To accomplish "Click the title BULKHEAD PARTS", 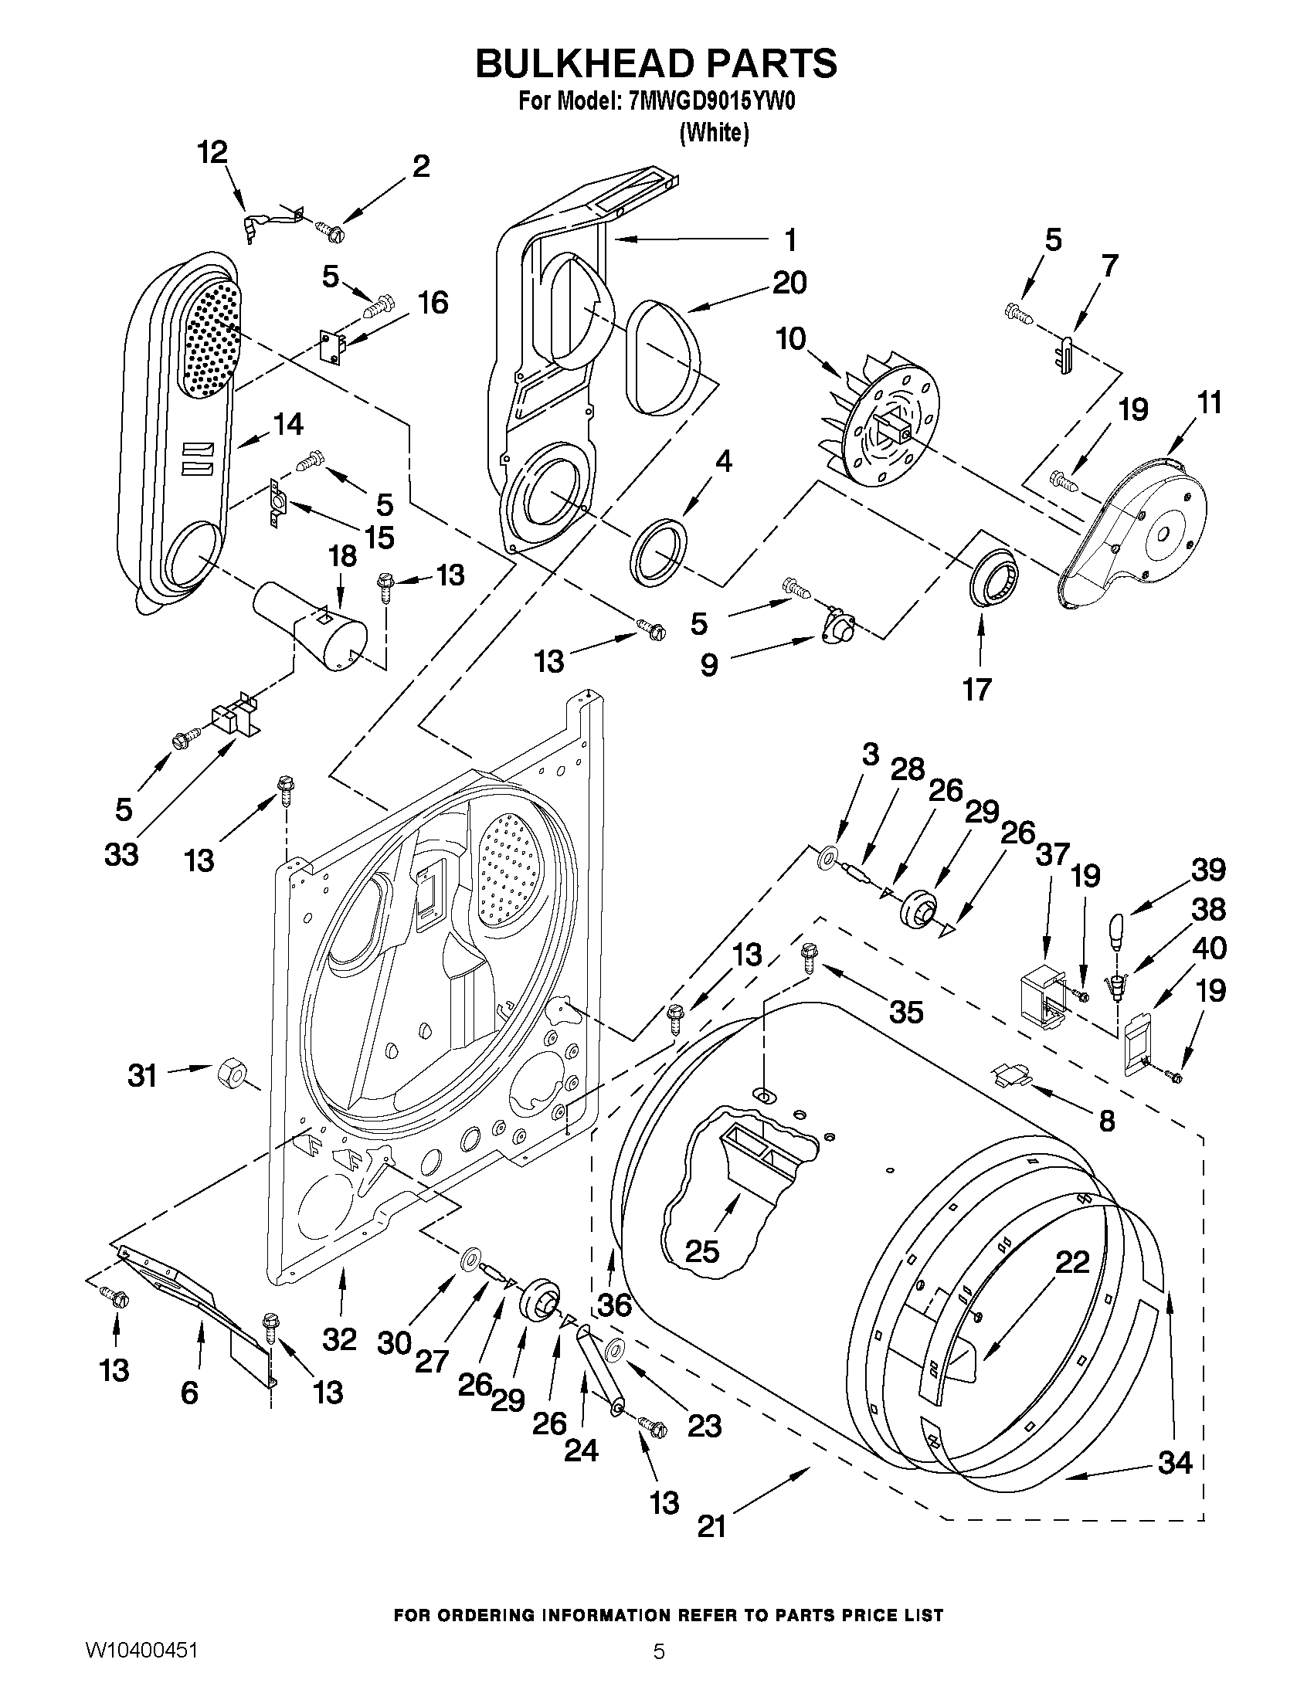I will click(656, 63).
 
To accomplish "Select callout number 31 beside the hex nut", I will click(142, 1077).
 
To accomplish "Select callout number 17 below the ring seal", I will click(977, 689).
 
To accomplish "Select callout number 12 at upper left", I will click(212, 152).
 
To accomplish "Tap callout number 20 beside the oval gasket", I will click(789, 282).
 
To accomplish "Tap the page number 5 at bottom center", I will click(659, 1670).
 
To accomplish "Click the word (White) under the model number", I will click(713, 133).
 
